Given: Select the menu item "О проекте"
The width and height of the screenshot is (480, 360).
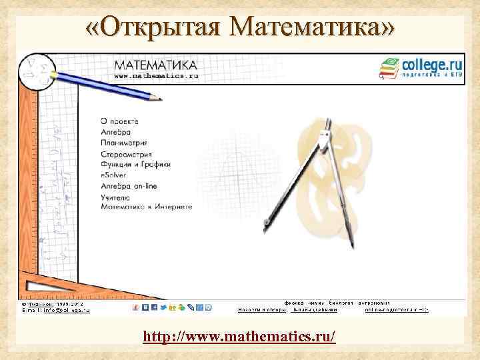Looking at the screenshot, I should pos(119,121).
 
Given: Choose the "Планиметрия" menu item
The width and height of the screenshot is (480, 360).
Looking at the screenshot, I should pos(123,143).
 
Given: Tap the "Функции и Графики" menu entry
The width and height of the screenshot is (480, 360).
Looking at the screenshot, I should pos(135,164).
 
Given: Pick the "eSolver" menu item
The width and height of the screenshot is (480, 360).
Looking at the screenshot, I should pos(113,175).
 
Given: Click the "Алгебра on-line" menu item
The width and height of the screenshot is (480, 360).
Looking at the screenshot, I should pos(129,185).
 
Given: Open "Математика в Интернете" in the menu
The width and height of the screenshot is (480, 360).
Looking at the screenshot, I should pos(146,207).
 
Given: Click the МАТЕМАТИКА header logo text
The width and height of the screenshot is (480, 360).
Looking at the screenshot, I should pos(155,65).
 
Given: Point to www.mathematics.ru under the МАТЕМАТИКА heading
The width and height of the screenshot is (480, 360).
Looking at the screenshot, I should pos(156,76).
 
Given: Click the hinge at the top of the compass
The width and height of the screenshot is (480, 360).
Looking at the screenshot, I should pos(325,136).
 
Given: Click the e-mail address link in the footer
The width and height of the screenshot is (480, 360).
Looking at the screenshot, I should pos(67,310).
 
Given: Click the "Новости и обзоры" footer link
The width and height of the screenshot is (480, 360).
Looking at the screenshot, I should pos(262,310).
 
